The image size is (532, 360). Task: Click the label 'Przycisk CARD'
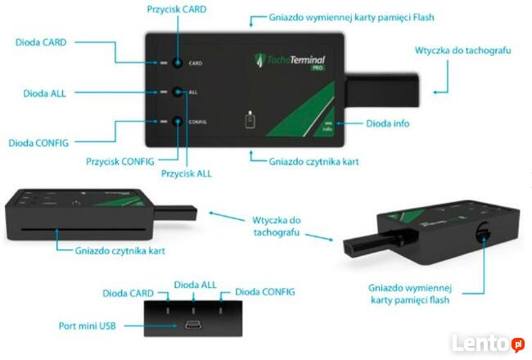(x=177, y=10)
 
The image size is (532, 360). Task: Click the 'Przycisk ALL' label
(x=187, y=174)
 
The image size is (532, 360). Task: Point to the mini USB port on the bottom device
(x=195, y=326)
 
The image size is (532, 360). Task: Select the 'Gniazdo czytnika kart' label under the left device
(x=119, y=251)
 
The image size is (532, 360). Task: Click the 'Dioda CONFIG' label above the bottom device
(x=264, y=291)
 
